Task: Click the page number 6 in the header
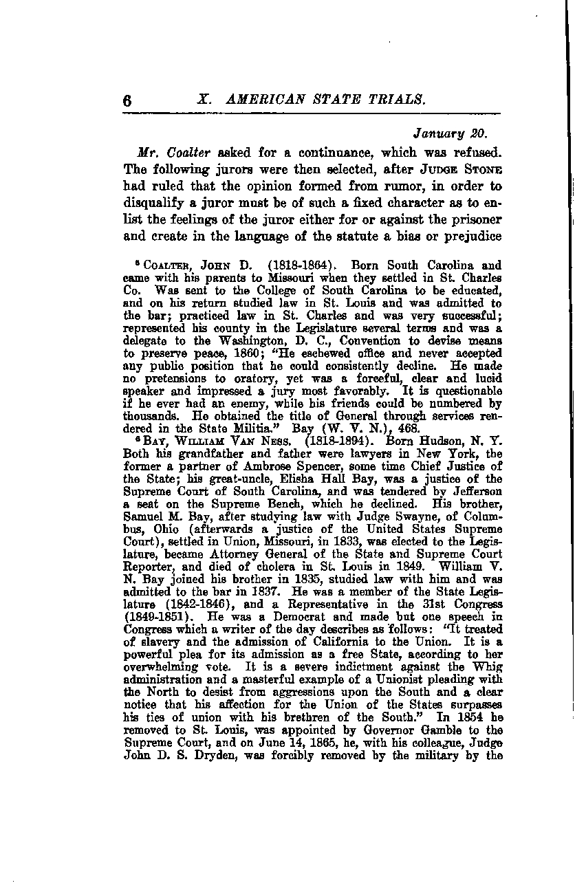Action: tap(127, 100)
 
